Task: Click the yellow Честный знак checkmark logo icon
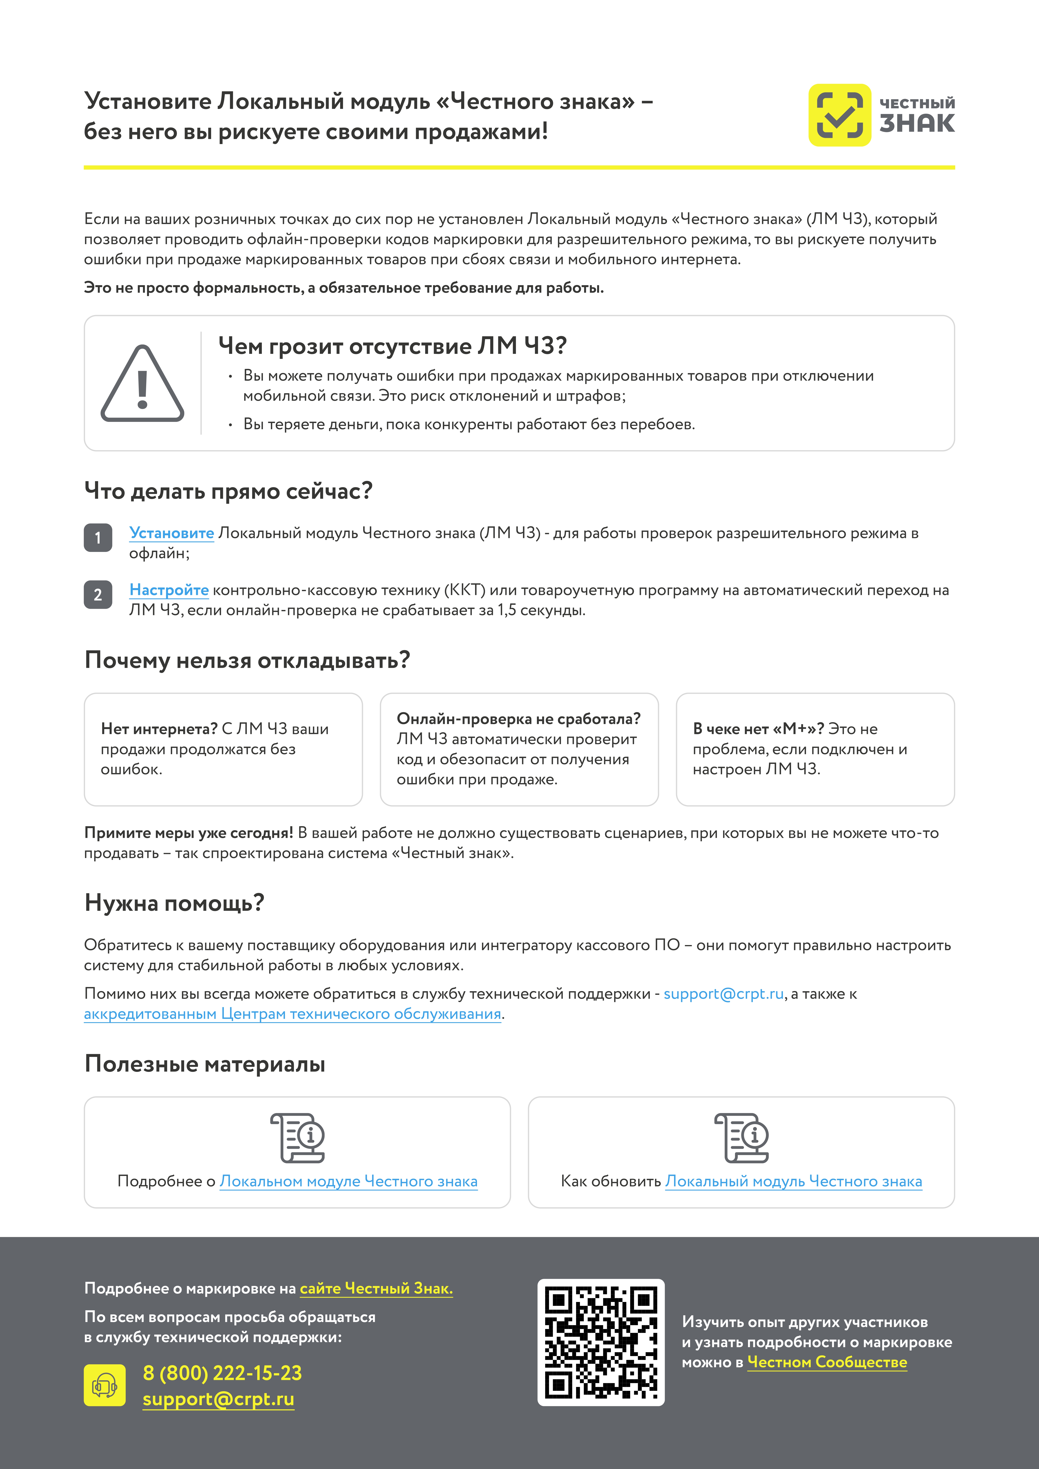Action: pos(839,115)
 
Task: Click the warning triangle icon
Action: pos(142,384)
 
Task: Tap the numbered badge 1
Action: pos(98,537)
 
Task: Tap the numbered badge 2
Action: pos(98,594)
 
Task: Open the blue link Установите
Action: pos(172,533)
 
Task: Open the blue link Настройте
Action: pos(169,590)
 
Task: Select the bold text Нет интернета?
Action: pos(159,729)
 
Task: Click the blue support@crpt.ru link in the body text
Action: pos(723,994)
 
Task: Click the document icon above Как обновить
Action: pos(741,1138)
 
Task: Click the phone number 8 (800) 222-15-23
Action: pos(222,1373)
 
